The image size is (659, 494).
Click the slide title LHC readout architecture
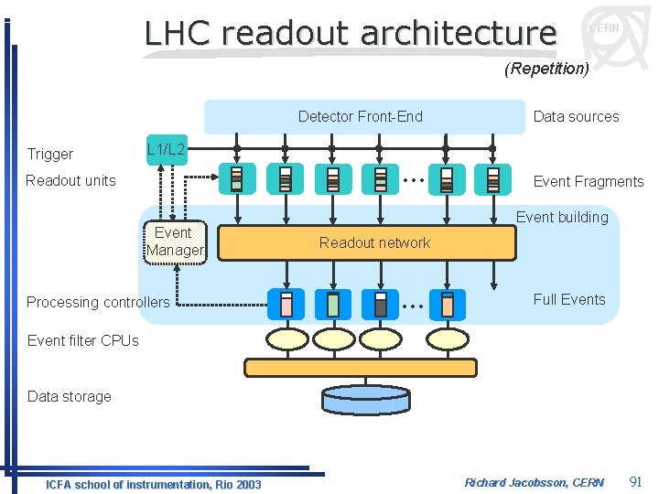(351, 33)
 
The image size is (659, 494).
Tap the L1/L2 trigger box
(167, 148)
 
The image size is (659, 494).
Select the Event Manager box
(175, 242)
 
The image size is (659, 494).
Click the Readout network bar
(374, 242)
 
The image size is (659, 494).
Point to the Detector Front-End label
(360, 116)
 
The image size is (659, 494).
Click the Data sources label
(576, 116)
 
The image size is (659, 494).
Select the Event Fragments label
(589, 181)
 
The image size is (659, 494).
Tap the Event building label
(562, 217)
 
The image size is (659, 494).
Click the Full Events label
(569, 299)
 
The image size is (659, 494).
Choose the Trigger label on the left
(50, 154)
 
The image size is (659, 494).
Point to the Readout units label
(70, 180)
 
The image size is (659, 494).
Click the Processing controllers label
(98, 302)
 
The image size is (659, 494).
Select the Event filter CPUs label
(83, 340)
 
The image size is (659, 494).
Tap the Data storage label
(70, 396)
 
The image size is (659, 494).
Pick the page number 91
(637, 481)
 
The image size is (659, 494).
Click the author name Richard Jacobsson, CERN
(535, 482)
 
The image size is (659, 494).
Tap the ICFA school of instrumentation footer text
(154, 484)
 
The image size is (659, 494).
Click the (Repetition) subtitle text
(546, 69)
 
